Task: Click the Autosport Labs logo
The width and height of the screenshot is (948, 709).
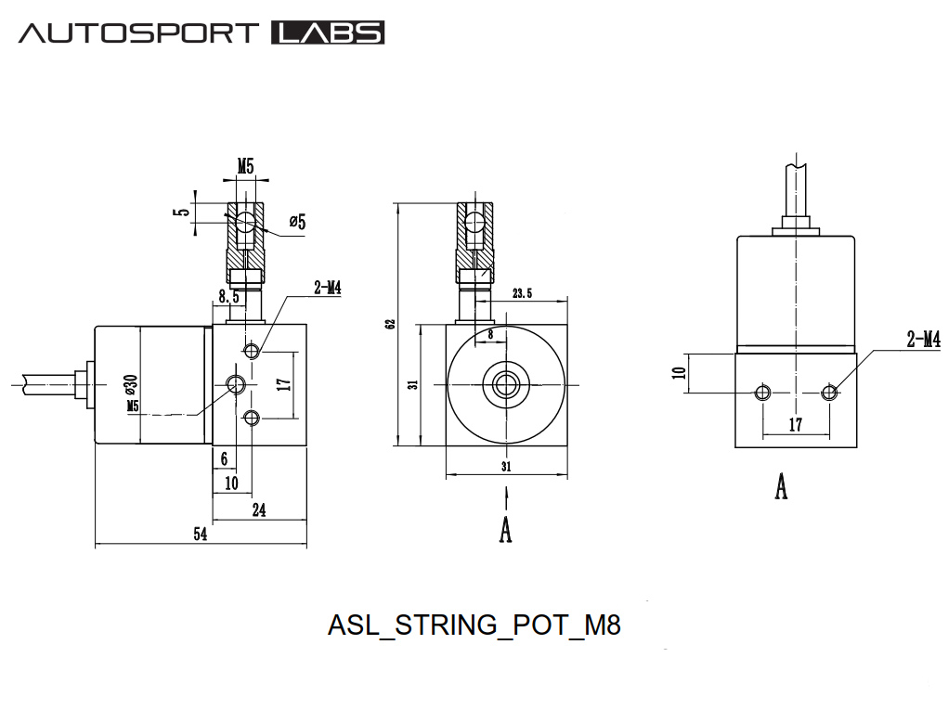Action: click(201, 33)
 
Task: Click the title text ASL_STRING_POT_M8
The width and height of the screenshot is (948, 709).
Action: click(474, 625)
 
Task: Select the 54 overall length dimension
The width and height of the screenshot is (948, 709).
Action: click(200, 535)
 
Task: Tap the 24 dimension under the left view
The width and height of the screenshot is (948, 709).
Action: click(259, 509)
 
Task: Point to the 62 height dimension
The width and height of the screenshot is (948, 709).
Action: click(391, 323)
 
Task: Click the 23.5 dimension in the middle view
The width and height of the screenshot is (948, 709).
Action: click(522, 293)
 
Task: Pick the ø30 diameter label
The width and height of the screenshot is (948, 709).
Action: click(131, 383)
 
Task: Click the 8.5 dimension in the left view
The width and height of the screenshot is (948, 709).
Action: click(229, 297)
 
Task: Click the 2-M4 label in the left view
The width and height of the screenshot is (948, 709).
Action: click(327, 289)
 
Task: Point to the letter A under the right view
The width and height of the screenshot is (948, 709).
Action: click(781, 485)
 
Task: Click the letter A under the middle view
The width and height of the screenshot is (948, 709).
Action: click(506, 529)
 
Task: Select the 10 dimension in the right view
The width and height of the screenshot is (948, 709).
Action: click(680, 373)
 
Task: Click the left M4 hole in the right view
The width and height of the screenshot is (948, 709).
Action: click(762, 392)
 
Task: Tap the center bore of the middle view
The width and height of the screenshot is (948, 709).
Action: click(506, 382)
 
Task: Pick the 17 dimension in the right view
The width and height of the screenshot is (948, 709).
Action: click(796, 423)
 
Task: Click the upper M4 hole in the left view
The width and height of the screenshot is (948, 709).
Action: click(251, 350)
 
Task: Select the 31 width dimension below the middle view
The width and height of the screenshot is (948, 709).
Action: click(506, 466)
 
